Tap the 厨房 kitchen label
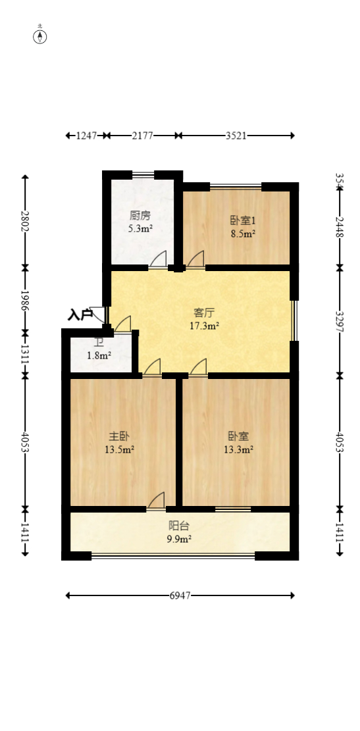140,215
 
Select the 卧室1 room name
242,220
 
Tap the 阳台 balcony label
180,526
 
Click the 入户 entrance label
80,315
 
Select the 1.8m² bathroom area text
99,356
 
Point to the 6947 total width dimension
180,596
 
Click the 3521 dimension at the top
236,136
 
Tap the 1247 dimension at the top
86,136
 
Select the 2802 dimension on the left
25,221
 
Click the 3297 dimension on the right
340,321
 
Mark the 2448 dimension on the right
340,228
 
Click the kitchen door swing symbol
158,260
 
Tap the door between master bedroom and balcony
156,501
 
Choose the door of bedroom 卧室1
195,260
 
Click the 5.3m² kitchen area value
140,229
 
